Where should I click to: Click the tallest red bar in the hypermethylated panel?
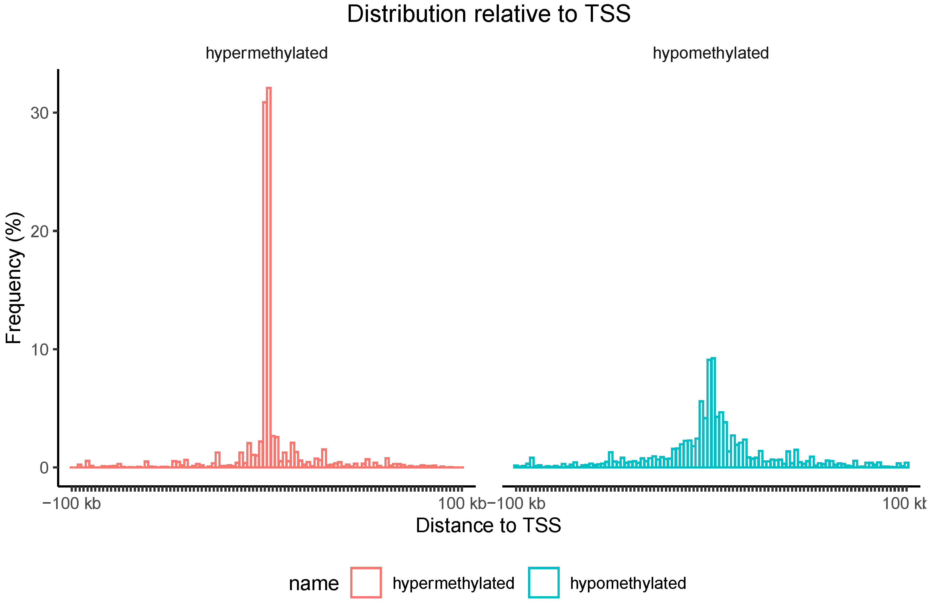(269, 275)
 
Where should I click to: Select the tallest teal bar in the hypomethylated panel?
(713, 412)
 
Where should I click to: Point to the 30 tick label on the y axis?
(39, 113)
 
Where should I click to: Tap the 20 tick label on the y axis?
(39, 232)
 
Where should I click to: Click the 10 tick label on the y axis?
(39, 350)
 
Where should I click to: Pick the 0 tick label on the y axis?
(44, 468)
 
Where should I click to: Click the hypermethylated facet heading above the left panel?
(267, 53)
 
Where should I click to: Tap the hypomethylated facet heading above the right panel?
(710, 53)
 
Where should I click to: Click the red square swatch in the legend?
(366, 583)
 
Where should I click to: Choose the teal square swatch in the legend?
(544, 583)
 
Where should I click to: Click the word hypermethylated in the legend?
(453, 583)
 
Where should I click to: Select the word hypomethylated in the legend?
(628, 583)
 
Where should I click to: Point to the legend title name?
(313, 584)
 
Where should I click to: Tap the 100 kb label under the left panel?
(461, 503)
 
